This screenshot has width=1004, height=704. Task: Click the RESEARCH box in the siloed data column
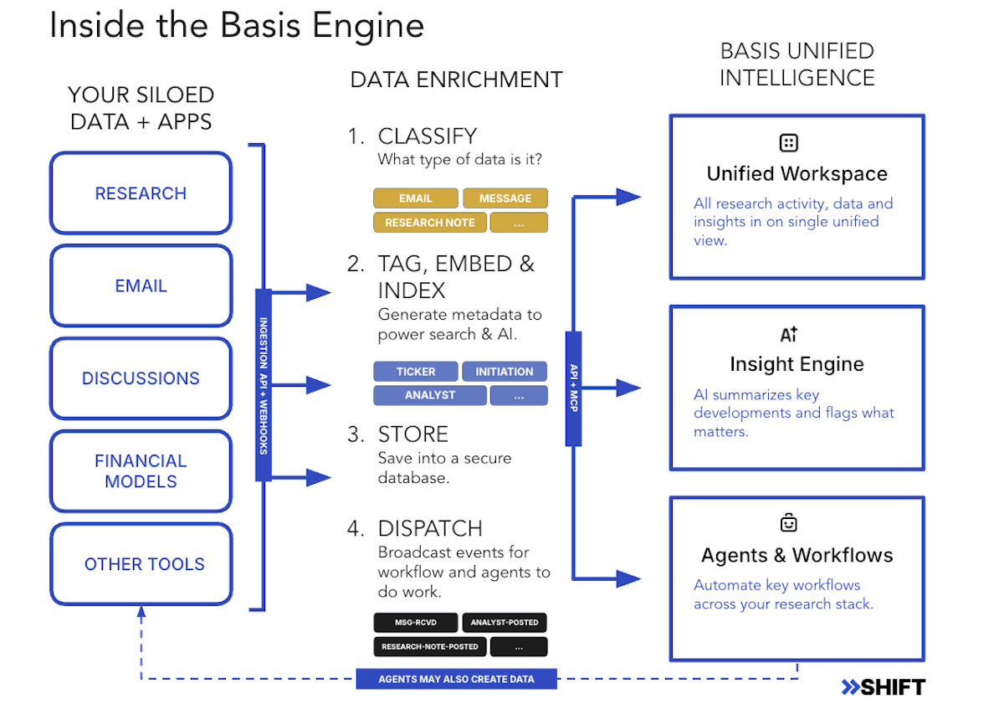coord(141,193)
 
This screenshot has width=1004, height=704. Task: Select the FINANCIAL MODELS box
coord(141,471)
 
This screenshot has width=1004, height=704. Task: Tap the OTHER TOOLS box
coord(141,564)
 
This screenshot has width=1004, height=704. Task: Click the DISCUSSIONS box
coord(141,378)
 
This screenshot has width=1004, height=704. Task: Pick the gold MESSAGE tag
coord(505,198)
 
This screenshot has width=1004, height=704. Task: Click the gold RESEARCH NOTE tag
coord(430,223)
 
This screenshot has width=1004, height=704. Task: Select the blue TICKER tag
coord(416,372)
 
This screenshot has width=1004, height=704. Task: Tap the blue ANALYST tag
coord(430,395)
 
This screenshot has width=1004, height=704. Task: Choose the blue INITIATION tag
coord(505,372)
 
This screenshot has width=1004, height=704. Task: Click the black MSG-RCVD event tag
coord(416,623)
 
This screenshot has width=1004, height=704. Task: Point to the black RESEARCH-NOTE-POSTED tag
coord(430,646)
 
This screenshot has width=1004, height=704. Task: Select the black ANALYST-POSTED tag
coord(505,623)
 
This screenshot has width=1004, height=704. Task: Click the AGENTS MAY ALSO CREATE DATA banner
coord(456,679)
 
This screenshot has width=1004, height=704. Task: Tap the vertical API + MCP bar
coord(574,388)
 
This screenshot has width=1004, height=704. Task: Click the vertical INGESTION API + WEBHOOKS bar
coord(264,386)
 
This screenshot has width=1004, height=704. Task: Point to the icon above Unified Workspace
coord(788,143)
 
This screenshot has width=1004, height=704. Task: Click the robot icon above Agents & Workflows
coord(788,523)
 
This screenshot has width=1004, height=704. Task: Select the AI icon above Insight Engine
coord(789,335)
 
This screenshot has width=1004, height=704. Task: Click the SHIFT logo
coord(883,687)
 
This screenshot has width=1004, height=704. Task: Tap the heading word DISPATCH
coord(430,529)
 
